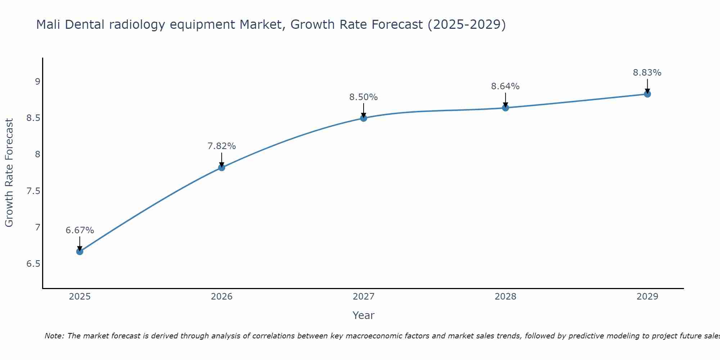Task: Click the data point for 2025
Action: point(80,251)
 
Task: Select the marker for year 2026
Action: point(222,167)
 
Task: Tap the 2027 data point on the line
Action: point(364,118)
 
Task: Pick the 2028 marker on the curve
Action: point(505,108)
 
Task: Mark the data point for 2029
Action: point(647,94)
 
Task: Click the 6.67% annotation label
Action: point(80,230)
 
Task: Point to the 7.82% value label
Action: point(222,146)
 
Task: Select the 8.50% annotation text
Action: point(364,97)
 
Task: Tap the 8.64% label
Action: point(505,86)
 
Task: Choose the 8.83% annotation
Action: point(647,73)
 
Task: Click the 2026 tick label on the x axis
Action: point(222,297)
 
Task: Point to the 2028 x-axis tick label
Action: point(505,297)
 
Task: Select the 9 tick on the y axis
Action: point(37,81)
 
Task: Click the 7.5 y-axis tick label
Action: point(33,191)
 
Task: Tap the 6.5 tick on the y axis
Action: point(33,264)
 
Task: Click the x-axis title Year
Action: point(364,315)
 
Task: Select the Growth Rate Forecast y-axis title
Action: point(9,173)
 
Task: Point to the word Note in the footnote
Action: point(54,336)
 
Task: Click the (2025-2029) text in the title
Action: point(467,24)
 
